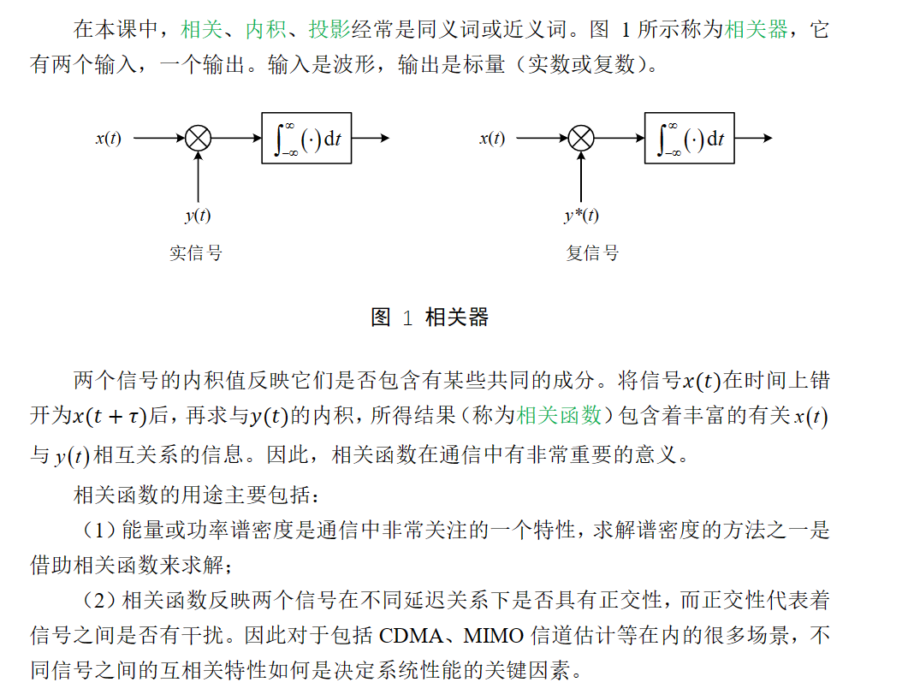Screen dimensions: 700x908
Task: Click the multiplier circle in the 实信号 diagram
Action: [x=198, y=138]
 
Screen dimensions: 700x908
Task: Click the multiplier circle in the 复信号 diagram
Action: [x=581, y=138]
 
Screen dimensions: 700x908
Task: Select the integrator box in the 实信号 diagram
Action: [x=306, y=138]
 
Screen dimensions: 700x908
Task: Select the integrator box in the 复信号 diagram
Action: [x=690, y=138]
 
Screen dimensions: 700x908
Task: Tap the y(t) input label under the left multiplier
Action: [x=198, y=216]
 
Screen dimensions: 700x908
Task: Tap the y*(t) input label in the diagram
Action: [x=581, y=216]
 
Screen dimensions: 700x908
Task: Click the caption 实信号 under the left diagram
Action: [x=196, y=253]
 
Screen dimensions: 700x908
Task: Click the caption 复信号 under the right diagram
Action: [x=592, y=253]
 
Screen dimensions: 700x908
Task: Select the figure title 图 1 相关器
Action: [x=430, y=317]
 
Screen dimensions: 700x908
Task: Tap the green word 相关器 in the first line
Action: [x=757, y=30]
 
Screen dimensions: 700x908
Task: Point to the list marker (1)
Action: [x=98, y=531]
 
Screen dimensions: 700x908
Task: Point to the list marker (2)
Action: [x=98, y=601]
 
